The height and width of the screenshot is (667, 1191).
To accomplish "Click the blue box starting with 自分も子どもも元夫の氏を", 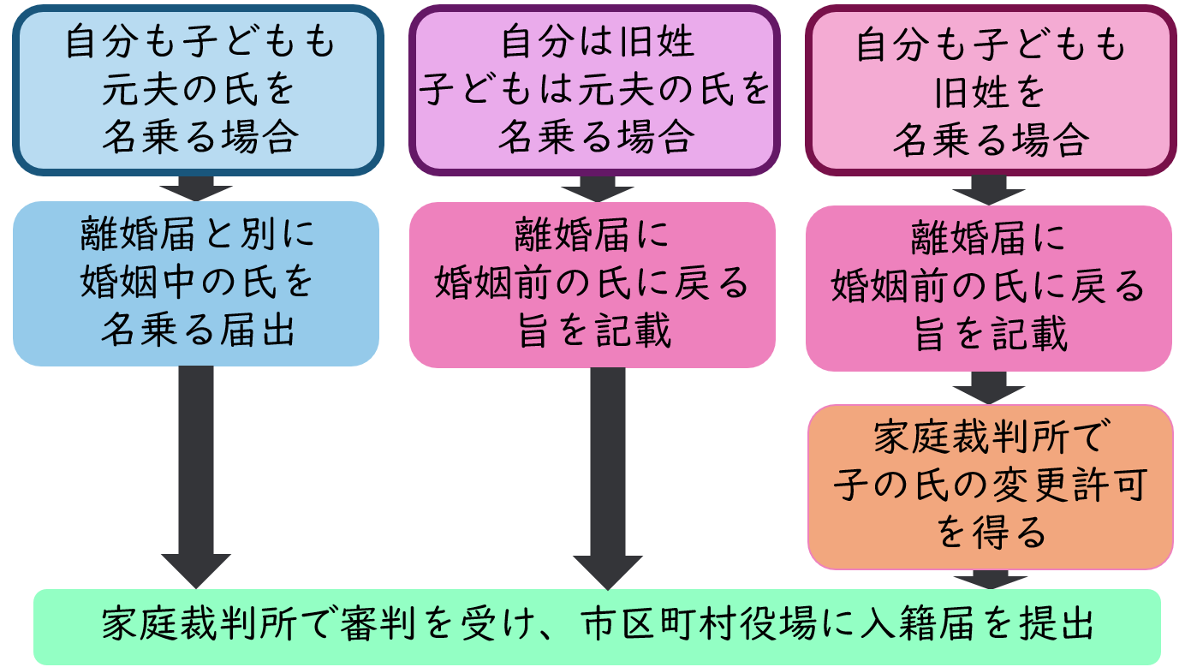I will point(198,90).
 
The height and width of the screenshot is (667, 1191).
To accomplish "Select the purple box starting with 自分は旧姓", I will point(594,90).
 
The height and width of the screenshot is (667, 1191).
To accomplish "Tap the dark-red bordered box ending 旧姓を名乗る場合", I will point(991,90).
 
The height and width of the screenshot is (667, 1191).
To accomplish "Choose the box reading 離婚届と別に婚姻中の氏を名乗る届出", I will point(196,283).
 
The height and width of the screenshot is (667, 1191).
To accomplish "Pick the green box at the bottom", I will point(597,626).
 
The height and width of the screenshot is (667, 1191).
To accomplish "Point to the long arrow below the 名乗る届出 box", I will point(196,475).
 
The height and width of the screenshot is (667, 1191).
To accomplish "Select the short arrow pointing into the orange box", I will point(991,388).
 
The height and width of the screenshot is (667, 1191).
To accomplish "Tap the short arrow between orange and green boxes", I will point(991,579).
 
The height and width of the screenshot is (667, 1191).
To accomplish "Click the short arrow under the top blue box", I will point(196,187).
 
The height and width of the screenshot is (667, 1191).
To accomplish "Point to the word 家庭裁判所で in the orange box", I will point(991,438).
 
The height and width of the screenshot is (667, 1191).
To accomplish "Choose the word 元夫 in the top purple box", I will point(604,90).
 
